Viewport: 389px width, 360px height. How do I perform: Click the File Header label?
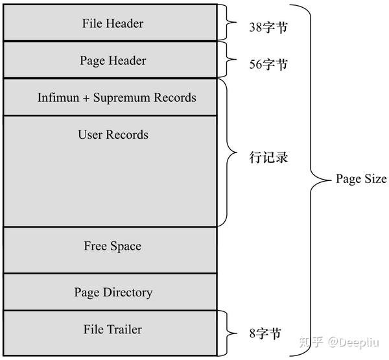pyautogui.click(x=113, y=23)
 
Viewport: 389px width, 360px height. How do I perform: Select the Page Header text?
pyautogui.click(x=113, y=60)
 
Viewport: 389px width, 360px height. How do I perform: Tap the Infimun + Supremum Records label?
pyautogui.click(x=117, y=98)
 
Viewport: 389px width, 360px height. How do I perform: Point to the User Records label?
pyautogui.click(x=113, y=135)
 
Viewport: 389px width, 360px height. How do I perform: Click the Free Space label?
pyautogui.click(x=112, y=246)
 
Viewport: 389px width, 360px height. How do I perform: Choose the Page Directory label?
pyautogui.click(x=113, y=293)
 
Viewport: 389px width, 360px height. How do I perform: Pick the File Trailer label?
pyautogui.click(x=112, y=330)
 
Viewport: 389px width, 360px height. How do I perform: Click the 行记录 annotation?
pyautogui.click(x=268, y=158)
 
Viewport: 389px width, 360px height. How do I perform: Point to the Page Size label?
pyautogui.click(x=360, y=179)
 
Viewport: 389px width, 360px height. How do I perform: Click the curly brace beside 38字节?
pyautogui.click(x=230, y=23)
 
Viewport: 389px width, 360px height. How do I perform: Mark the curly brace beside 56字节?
pyautogui.click(x=230, y=60)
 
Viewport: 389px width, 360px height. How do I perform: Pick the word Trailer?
pyautogui.click(x=124, y=330)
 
